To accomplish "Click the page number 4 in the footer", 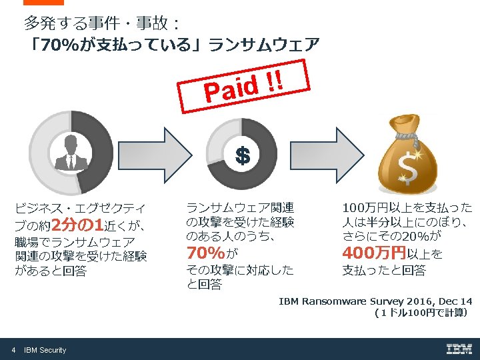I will point(13,350).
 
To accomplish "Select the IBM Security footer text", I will point(45,350).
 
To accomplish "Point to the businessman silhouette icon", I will point(71,151).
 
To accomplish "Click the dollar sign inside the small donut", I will point(242,157).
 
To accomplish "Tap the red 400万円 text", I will point(374,253).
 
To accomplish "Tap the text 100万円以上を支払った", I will point(407,207).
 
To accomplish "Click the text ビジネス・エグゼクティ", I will point(80,207).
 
